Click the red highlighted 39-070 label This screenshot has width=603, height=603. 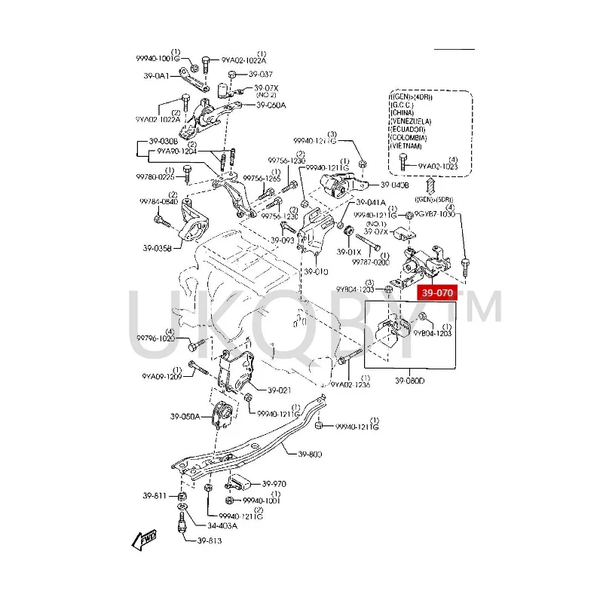coord(438,293)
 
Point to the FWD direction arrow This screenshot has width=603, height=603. coord(143,540)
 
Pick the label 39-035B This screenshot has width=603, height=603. coord(156,246)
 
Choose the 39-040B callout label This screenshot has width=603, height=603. coord(394,185)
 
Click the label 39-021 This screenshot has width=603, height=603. coord(279,390)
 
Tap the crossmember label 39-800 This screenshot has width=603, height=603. coord(310,454)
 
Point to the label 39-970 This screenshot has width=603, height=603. coord(274,484)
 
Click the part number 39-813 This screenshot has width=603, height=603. coord(210,540)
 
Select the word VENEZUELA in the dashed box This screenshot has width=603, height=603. coord(412,121)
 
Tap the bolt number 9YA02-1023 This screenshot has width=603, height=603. coord(438,166)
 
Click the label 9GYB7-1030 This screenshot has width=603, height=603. coord(436,214)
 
